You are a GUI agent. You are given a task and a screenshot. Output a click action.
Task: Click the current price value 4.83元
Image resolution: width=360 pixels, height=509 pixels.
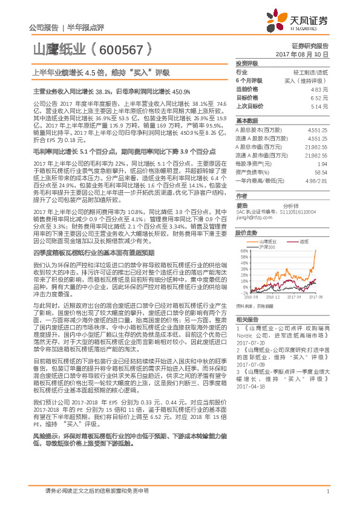[322, 89]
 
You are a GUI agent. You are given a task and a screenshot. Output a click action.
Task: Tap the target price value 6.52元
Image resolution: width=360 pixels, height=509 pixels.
[322, 97]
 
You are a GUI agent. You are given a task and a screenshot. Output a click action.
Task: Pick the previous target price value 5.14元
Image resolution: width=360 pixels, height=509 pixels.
[322, 105]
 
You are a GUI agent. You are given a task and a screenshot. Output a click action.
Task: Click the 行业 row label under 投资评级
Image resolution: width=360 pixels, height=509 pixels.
[241, 72]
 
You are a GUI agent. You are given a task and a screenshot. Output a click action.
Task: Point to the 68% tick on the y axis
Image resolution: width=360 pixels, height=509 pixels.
[243, 250]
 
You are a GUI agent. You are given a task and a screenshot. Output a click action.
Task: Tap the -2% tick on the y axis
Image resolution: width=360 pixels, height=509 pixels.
[243, 293]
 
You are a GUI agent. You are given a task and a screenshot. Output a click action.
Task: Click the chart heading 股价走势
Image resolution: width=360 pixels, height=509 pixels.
[246, 232]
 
